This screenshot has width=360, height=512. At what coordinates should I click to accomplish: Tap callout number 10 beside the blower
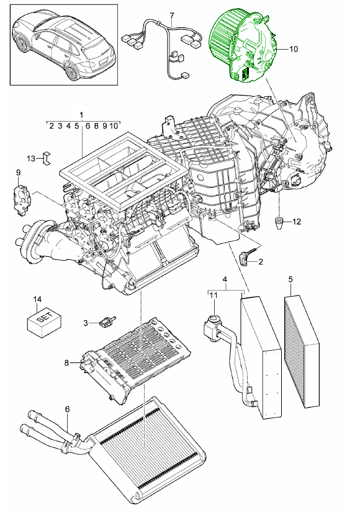(x=294, y=48)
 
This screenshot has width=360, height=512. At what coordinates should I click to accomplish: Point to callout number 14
(x=38, y=300)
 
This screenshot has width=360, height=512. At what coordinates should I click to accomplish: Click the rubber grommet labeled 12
(x=279, y=222)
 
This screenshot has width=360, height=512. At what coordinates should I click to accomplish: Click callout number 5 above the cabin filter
(x=289, y=280)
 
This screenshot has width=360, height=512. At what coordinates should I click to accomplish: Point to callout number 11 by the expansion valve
(x=213, y=296)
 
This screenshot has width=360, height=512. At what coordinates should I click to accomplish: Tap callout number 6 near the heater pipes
(x=67, y=409)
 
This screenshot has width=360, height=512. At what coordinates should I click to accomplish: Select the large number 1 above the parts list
(x=81, y=115)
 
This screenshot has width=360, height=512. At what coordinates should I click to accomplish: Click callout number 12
(x=296, y=222)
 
